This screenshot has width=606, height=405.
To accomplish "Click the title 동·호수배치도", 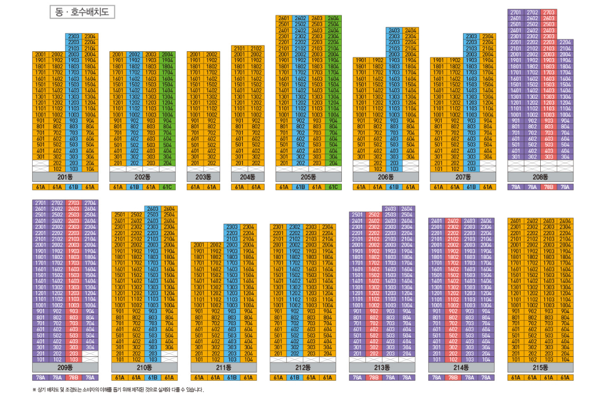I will [82, 12].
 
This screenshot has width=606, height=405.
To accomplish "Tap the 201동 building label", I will [65, 177].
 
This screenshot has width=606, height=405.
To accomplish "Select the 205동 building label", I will [308, 177].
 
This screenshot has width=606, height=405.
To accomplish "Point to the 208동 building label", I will [540, 177].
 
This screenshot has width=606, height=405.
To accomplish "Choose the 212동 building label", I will [302, 367].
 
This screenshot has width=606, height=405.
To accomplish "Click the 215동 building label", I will [540, 367].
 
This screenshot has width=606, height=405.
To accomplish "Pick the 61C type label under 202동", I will [167, 187].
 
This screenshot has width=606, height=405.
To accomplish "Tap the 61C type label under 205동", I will [333, 187].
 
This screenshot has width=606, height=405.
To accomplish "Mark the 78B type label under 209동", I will [74, 378].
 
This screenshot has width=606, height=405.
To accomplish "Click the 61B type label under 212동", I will [295, 378].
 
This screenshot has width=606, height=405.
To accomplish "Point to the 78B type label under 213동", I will [373, 378].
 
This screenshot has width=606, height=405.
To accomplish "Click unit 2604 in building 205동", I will [333, 18].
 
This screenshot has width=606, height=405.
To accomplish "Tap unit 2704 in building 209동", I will [90, 203].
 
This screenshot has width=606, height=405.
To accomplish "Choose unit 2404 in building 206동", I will [410, 31].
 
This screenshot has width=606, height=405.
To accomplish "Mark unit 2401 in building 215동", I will [516, 221].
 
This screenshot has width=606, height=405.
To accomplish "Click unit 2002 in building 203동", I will [211, 54].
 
